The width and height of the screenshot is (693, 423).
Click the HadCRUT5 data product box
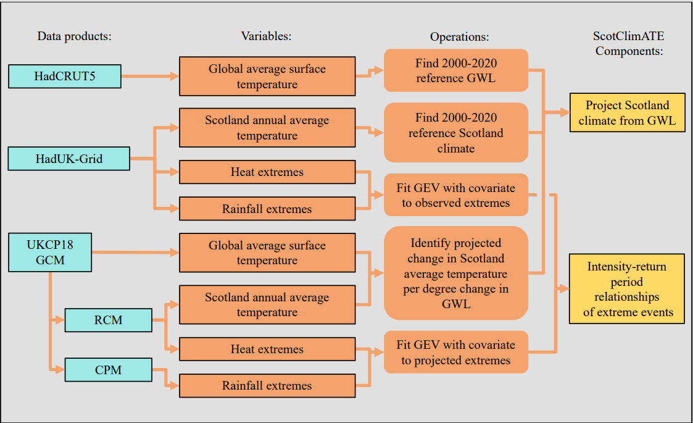point(64,76)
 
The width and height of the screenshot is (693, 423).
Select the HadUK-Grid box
point(68,159)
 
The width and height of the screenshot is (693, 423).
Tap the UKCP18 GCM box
point(50,252)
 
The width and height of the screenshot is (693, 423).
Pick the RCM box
point(108,320)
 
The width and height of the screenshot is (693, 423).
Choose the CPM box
point(108,370)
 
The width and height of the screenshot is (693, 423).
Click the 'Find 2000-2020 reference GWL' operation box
point(456,71)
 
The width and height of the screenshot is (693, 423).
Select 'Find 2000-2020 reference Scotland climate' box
point(456,133)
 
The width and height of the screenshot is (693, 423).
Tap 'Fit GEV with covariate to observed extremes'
point(456,195)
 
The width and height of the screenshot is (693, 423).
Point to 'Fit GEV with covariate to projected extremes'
point(456,353)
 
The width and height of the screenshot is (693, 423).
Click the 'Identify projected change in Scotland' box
point(456,273)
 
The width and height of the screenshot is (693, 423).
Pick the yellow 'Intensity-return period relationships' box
point(626,288)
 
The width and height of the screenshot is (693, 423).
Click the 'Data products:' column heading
point(74,36)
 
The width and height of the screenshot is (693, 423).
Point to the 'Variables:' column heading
point(266,36)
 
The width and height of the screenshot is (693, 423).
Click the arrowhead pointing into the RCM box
point(60,320)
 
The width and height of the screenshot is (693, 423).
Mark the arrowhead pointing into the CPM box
point(60,370)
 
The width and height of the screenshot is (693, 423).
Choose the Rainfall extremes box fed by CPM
point(267,386)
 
